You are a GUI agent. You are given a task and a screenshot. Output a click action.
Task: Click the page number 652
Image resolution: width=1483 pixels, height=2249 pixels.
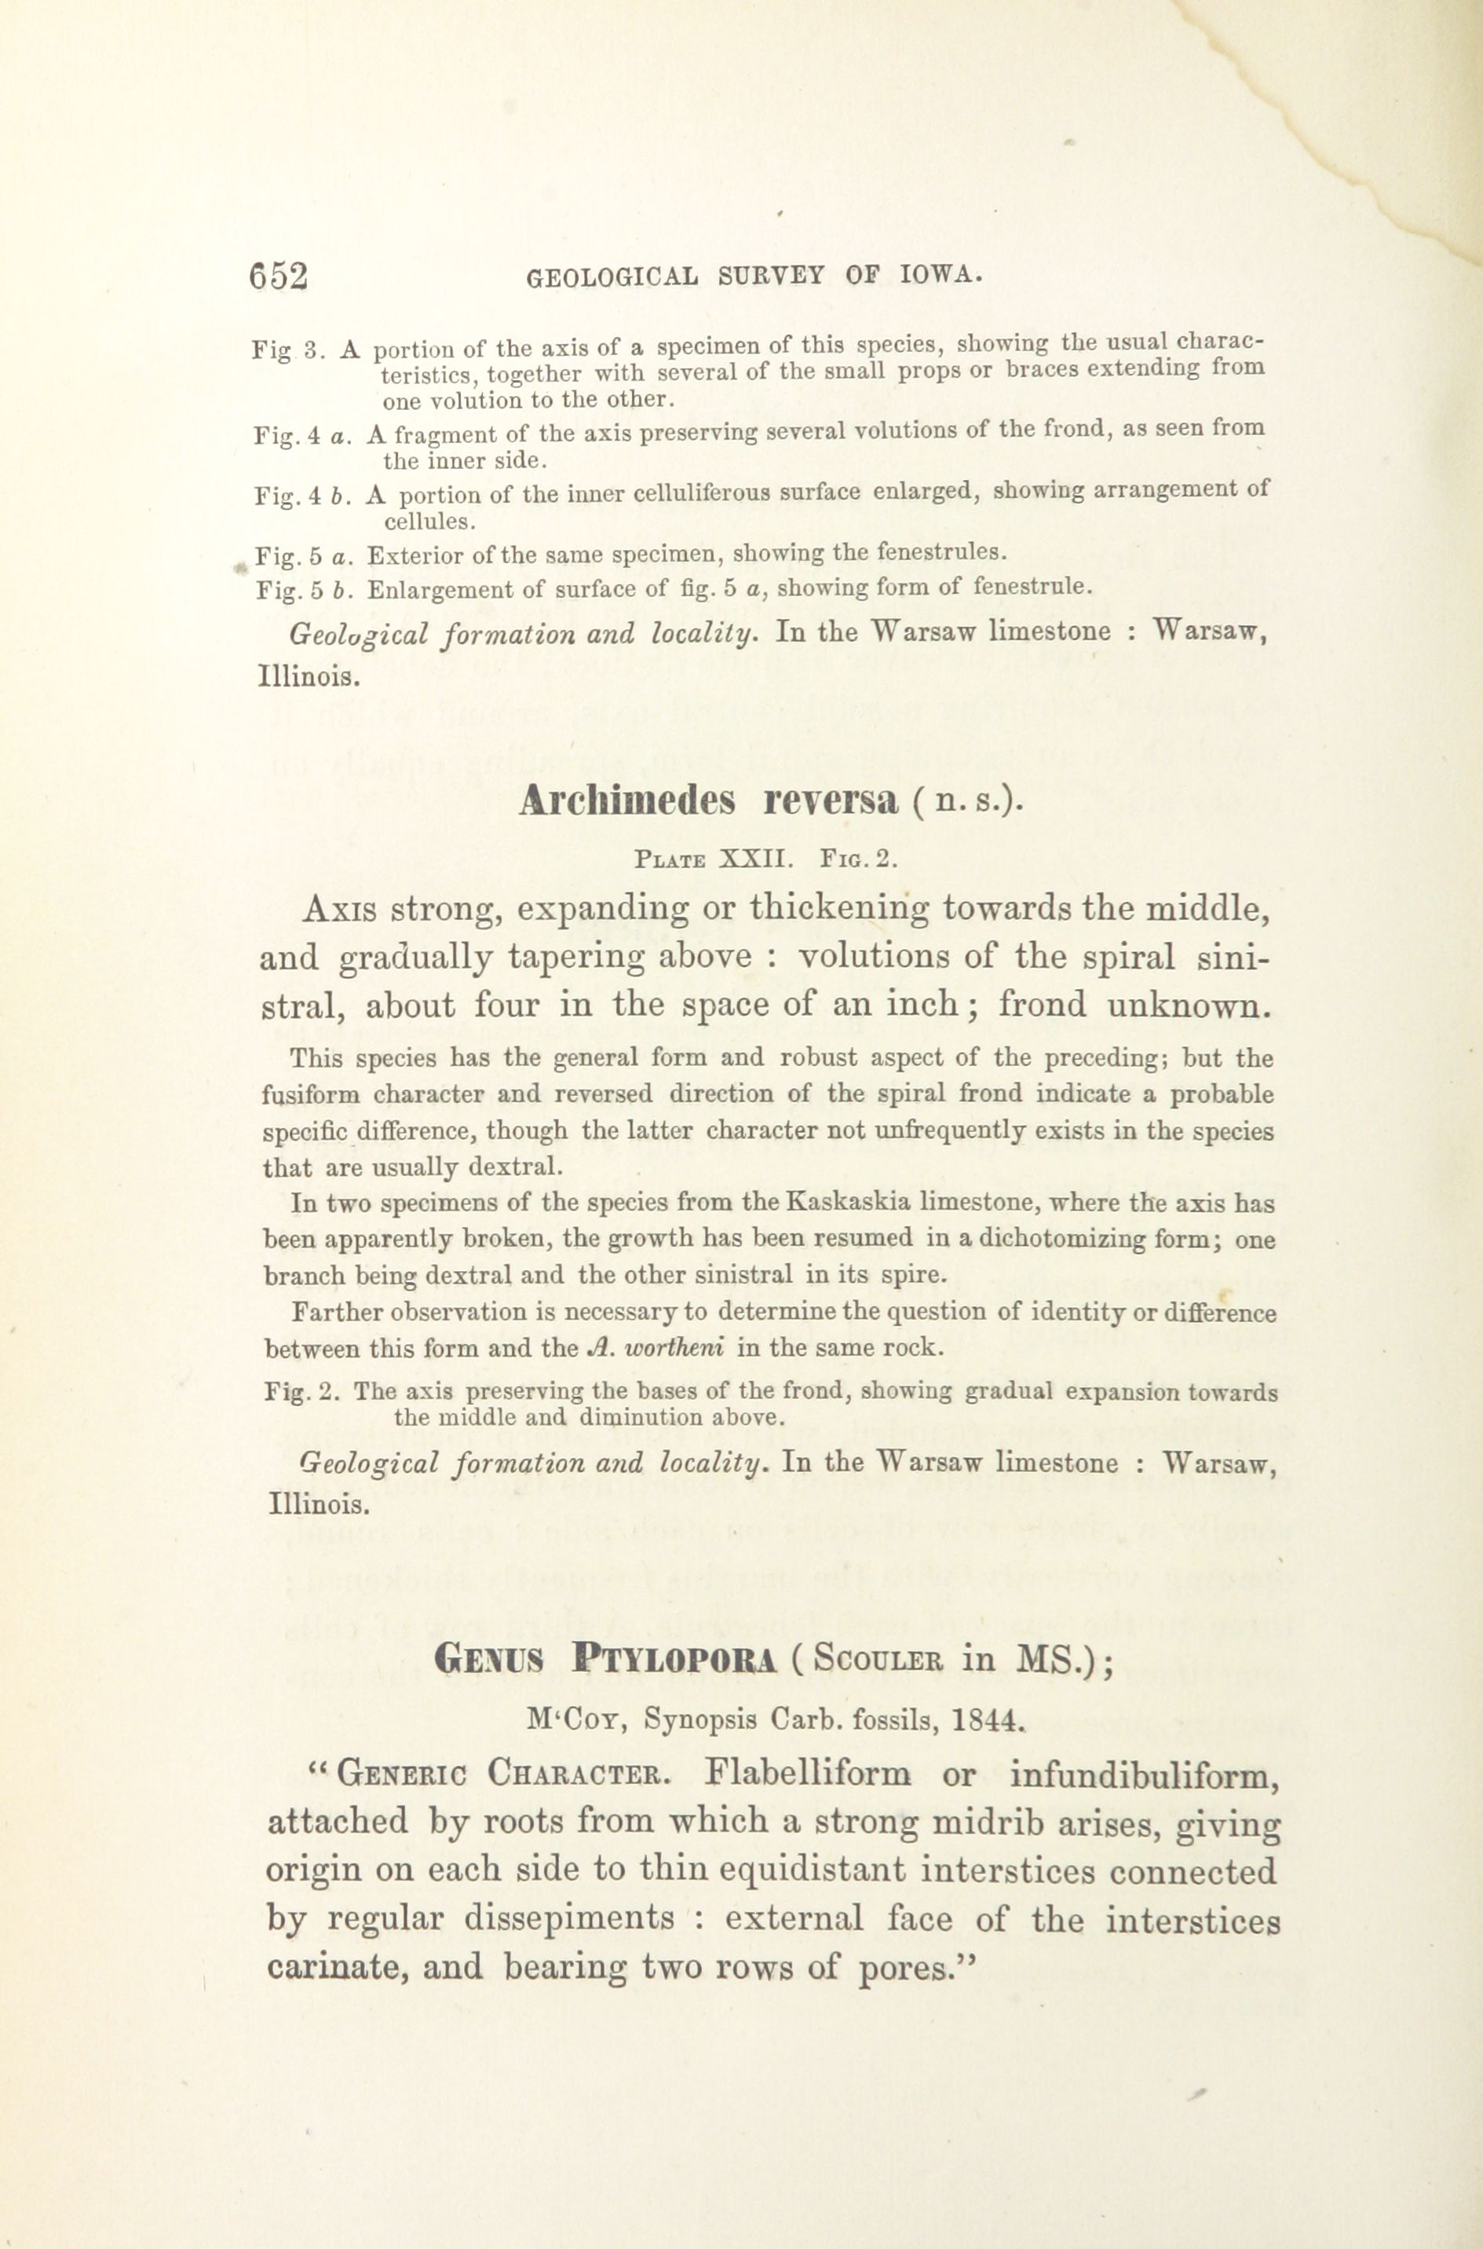click(x=279, y=277)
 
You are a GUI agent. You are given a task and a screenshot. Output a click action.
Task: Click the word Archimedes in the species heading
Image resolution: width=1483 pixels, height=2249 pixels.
click(x=627, y=801)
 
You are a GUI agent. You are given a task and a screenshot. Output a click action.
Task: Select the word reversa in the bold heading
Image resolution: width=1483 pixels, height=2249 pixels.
click(x=831, y=801)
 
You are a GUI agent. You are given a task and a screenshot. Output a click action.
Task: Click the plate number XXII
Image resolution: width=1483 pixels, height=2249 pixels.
click(x=753, y=859)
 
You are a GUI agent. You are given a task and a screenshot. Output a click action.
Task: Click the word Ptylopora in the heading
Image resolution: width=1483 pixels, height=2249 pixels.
click(x=674, y=1660)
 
